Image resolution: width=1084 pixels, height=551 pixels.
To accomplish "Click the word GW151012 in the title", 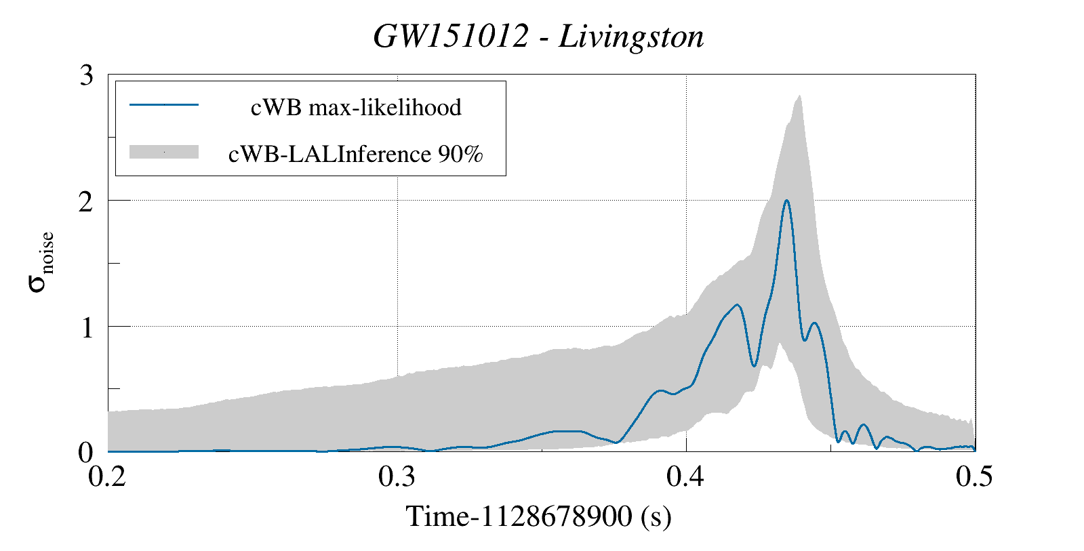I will point(450,36).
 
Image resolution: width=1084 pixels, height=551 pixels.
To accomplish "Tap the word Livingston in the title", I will point(631,37).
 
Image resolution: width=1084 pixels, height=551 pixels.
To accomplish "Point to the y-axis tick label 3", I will point(86,75).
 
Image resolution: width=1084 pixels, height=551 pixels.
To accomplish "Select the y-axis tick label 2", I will point(86,201).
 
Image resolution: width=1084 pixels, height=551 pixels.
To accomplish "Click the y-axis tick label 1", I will point(86,327).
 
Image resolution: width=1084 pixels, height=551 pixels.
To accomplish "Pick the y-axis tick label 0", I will point(86,453).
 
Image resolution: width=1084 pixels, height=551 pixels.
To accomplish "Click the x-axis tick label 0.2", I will point(108,476).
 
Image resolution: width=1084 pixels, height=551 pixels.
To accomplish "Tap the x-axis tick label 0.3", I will point(397,476).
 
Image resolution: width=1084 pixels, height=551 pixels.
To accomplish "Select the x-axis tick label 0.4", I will point(686,476).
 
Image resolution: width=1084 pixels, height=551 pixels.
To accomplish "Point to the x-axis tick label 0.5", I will point(974,476).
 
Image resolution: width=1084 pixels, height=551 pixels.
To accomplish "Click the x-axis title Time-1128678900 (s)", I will point(539,516).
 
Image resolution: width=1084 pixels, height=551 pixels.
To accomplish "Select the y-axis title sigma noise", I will point(41,262).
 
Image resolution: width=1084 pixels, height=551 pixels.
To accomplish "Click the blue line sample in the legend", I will point(164,105).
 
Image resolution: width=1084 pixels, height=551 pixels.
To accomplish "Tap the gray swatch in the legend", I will point(164,152).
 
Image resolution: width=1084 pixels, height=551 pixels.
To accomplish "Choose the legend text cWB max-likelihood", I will point(356,107).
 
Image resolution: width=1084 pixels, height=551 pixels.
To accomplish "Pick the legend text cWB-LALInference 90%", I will point(356,154).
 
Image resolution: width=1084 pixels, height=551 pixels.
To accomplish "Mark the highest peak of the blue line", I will point(786,201).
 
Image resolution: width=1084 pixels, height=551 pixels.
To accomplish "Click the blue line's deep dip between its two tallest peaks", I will point(755,366).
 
